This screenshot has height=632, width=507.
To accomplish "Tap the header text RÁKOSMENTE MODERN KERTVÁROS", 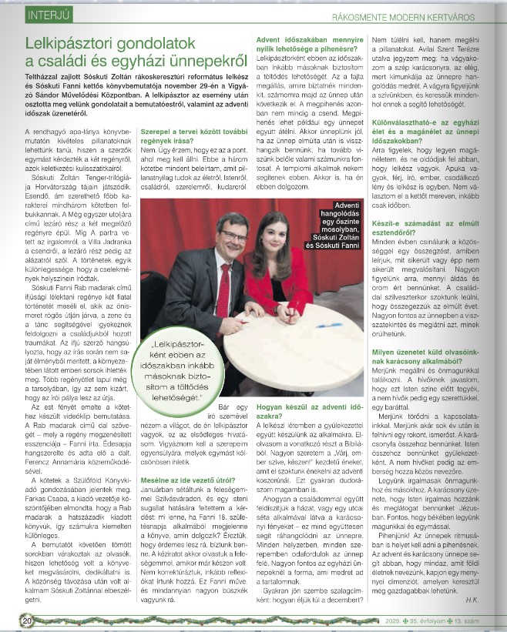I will click(x=407, y=15).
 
